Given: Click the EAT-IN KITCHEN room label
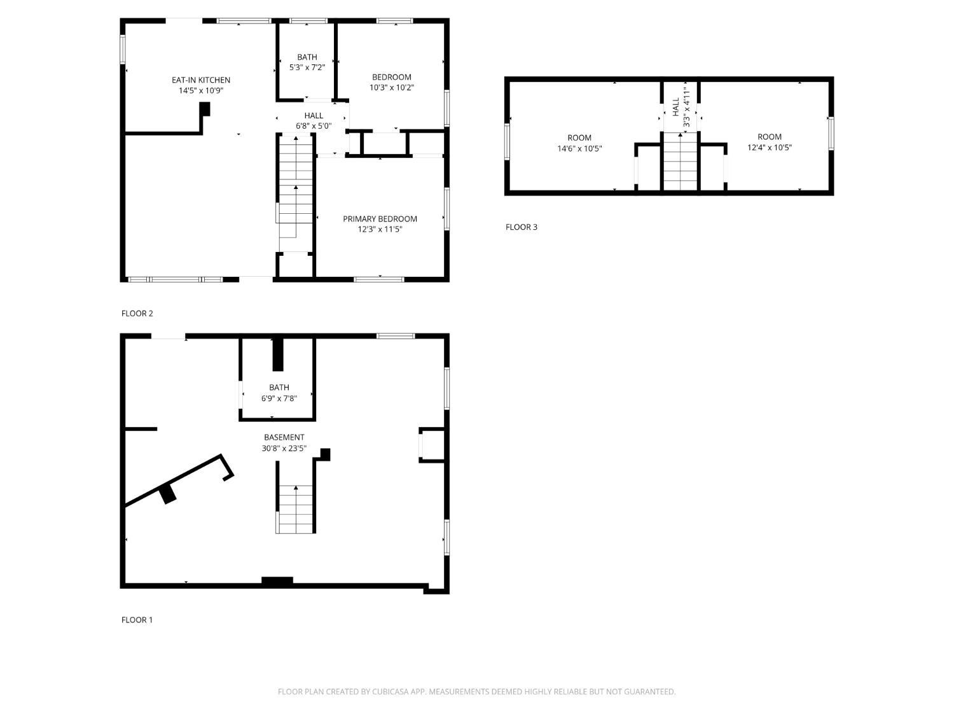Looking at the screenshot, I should pos(201,80).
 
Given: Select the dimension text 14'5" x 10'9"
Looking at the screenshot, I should pos(201,90).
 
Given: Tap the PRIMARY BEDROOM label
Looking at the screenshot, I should pos(380,219).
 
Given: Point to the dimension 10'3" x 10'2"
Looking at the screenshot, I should pos(392,88).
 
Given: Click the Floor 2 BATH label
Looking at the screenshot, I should pos(307,57).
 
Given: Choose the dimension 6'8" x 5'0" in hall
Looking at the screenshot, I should pos(314,126).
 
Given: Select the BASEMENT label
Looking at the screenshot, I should pos(284,437).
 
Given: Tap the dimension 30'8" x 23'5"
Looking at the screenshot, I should pos(284,448).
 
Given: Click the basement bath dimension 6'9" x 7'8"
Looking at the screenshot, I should pos(279,398).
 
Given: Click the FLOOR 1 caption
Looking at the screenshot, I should pos(137,620).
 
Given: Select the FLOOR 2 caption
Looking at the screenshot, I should pos(137,313).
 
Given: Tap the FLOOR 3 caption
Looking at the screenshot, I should pos(521,227).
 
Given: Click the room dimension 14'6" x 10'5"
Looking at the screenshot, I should pos(579,148).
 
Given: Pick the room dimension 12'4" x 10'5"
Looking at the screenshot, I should pos(769,148).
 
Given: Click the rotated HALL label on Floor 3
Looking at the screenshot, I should pos(675,106).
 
